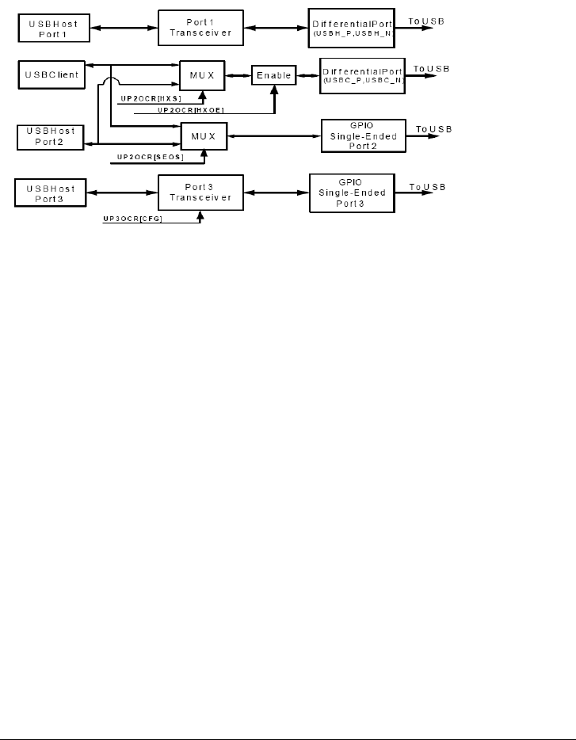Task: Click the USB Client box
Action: pyautogui.click(x=50, y=75)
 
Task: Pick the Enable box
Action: pyautogui.click(x=273, y=75)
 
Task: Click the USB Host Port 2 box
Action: pyautogui.click(x=50, y=136)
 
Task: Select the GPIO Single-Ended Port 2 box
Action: pyautogui.click(x=363, y=135)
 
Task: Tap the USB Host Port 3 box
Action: pyautogui.click(x=50, y=194)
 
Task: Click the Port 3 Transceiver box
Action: pyautogui.click(x=200, y=194)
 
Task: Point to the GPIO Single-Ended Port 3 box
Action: pyautogui.click(x=350, y=194)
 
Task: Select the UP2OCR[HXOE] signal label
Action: pyautogui.click(x=185, y=110)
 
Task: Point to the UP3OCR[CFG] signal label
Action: pyautogui.click(x=133, y=217)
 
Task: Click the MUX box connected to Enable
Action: pyautogui.click(x=203, y=75)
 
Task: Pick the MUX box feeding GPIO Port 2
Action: pyautogui.click(x=203, y=135)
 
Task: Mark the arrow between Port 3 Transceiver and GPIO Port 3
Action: pyautogui.click(x=275, y=194)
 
